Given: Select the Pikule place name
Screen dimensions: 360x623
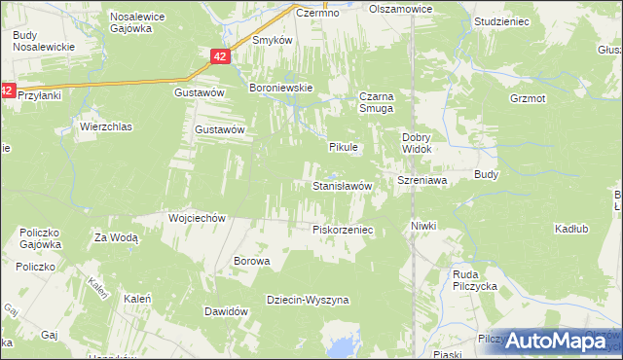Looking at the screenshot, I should [x=344, y=147].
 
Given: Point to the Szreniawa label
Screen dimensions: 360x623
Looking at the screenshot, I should [x=421, y=181].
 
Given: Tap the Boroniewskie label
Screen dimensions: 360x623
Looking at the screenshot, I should [x=281, y=88].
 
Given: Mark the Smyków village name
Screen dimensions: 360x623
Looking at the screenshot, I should [x=273, y=41].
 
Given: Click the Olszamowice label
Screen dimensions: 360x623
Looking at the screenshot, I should [x=400, y=8].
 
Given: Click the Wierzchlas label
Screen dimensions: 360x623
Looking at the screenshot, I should [x=105, y=126].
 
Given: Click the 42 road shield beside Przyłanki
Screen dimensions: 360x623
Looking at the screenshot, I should [x=7, y=90].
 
